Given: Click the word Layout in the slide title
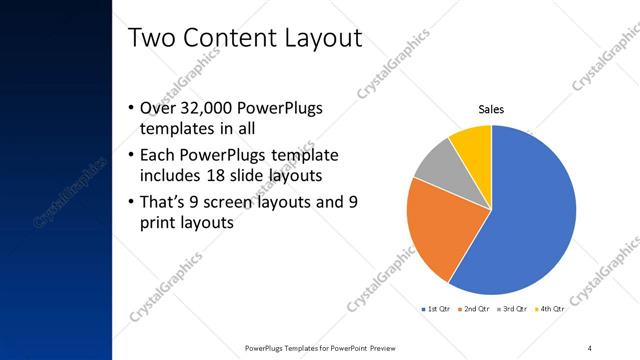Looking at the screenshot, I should pyautogui.click(x=313, y=38).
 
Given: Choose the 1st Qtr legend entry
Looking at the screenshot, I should pyautogui.click(x=436, y=310).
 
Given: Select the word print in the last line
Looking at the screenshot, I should pyautogui.click(x=162, y=223).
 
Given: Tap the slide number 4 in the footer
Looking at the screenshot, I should pyautogui.click(x=590, y=347).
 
